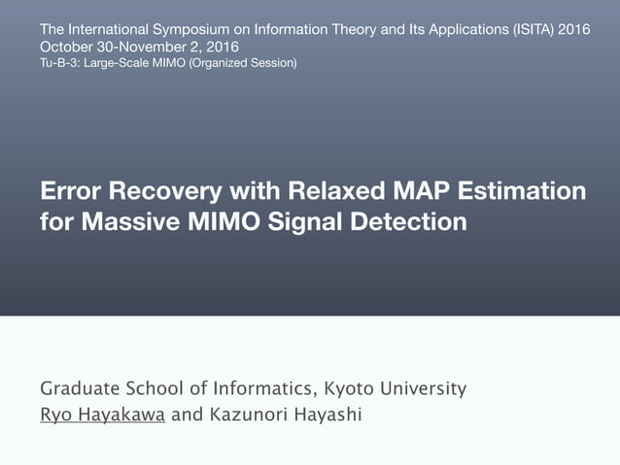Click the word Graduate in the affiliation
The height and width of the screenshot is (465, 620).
(79, 389)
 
